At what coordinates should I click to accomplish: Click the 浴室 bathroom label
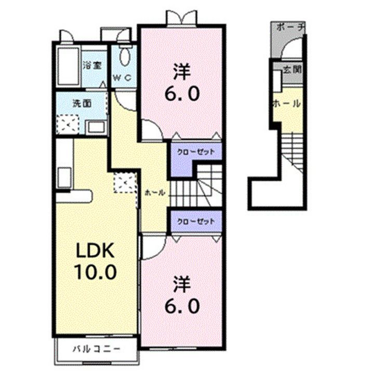(x=92, y=65)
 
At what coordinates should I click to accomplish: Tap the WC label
(x=122, y=77)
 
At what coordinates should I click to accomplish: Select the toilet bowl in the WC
(x=125, y=56)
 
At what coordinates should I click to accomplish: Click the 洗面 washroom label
(x=82, y=103)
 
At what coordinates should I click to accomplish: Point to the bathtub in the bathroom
(x=68, y=66)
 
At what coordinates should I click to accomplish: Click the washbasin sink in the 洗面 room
(x=96, y=127)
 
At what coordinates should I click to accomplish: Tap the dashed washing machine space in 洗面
(x=67, y=124)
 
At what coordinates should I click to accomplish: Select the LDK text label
(x=95, y=250)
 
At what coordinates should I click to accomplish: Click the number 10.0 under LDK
(x=96, y=272)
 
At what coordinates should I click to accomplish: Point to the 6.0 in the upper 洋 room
(x=182, y=94)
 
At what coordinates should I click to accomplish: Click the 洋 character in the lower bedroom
(x=182, y=284)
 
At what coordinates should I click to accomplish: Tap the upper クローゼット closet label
(x=196, y=152)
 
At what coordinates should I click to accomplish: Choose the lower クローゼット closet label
(x=196, y=221)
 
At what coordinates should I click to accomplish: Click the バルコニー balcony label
(x=96, y=350)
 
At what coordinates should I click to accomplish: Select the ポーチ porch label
(x=290, y=27)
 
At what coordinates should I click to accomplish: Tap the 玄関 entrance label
(x=292, y=70)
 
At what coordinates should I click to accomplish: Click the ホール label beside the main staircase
(x=155, y=192)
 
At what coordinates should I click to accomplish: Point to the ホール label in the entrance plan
(x=287, y=103)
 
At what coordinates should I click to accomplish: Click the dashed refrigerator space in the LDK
(x=125, y=182)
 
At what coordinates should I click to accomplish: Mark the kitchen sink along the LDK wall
(x=64, y=178)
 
